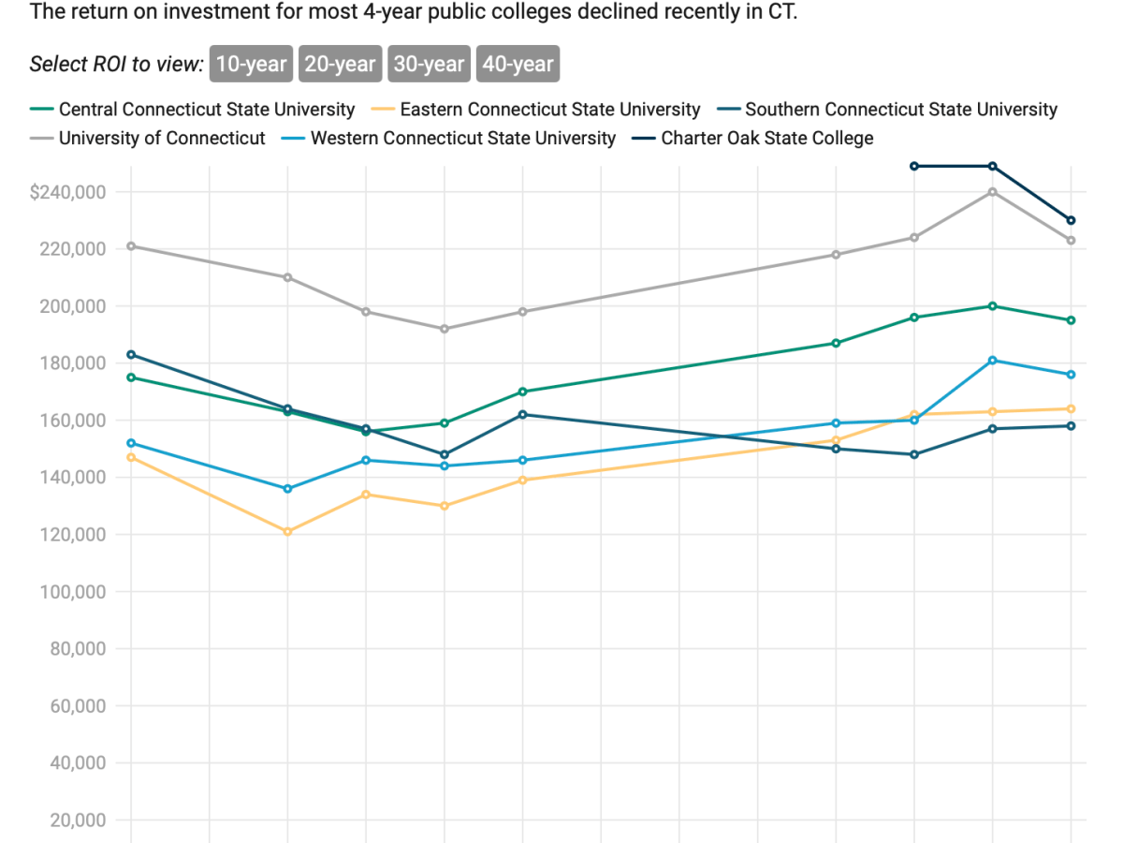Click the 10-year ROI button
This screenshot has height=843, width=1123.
[251, 64]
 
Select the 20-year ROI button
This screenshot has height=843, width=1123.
[340, 64]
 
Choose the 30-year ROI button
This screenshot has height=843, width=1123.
[429, 64]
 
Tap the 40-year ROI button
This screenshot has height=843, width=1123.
[518, 64]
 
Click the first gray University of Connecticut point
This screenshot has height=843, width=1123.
[131, 246]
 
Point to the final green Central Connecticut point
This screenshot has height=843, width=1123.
[1071, 320]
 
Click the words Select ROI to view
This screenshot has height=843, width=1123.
[116, 64]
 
